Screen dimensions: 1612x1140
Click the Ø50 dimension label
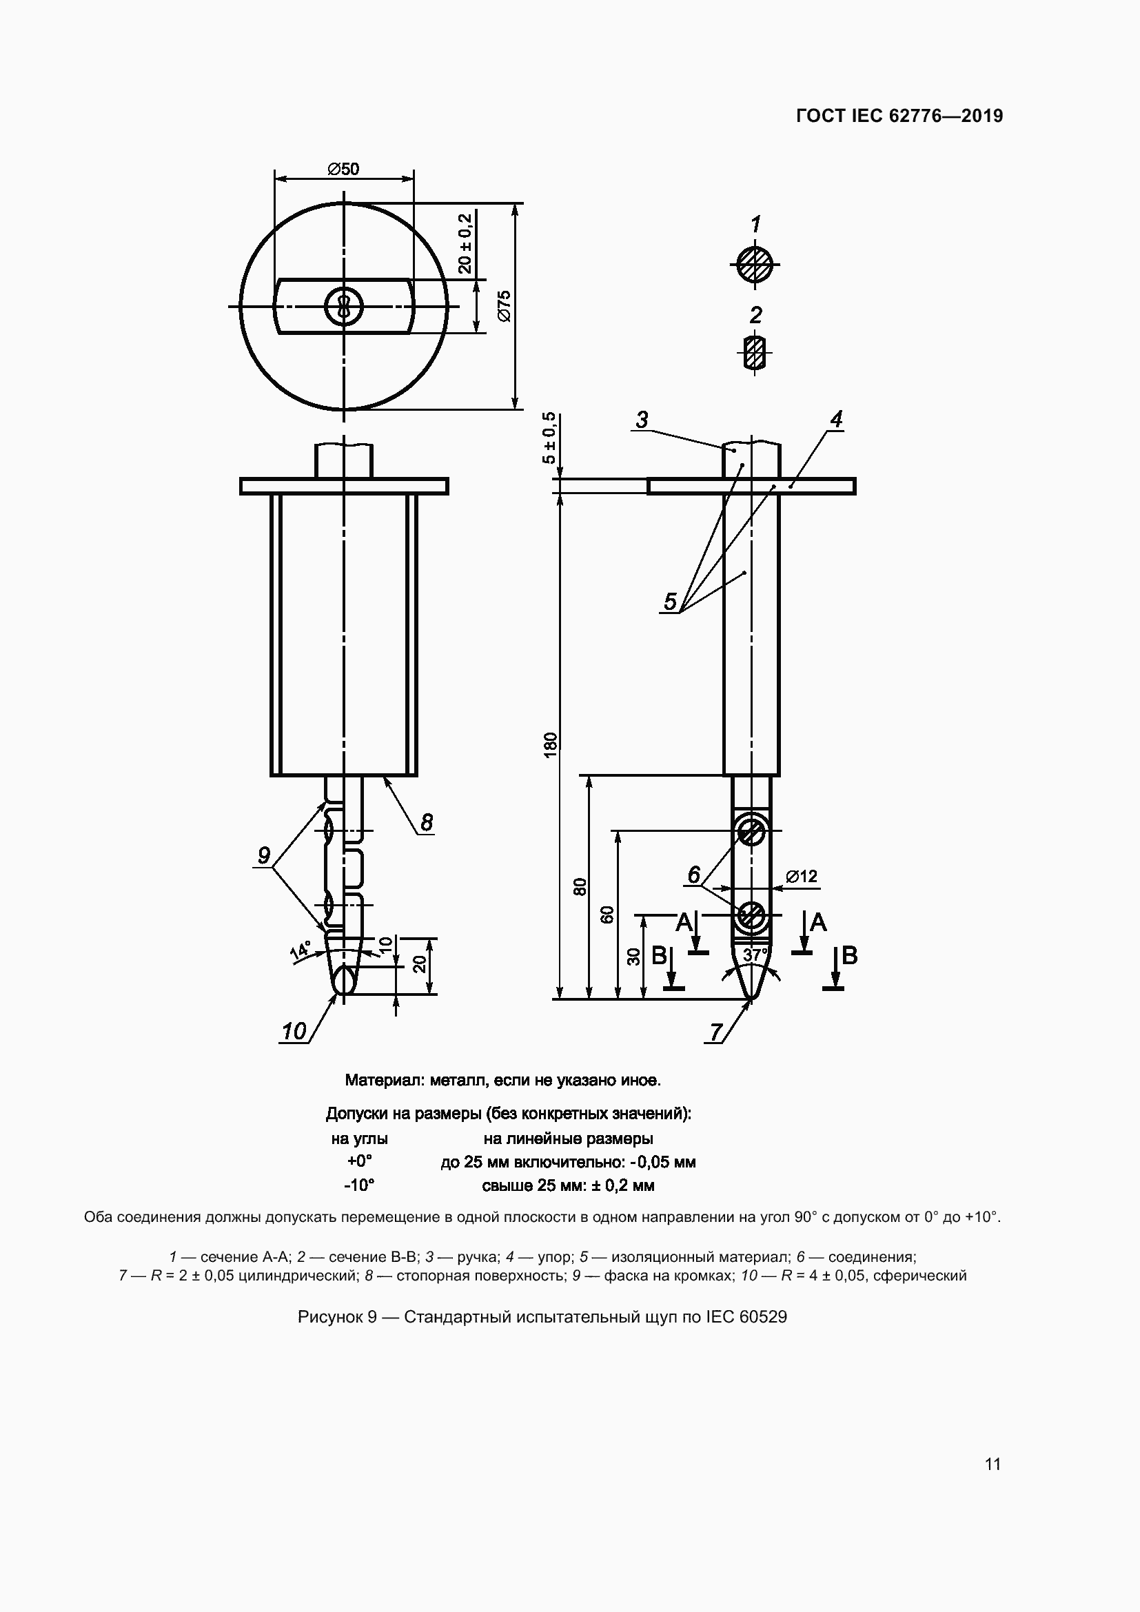pos(343,170)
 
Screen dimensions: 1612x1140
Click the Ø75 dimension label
pos(505,306)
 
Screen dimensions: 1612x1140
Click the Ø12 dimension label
pos(801,876)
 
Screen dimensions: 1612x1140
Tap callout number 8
pos(426,822)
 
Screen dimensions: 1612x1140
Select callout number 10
pos(294,1032)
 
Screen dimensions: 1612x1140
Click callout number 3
pos(642,420)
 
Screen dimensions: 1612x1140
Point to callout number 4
pos(835,420)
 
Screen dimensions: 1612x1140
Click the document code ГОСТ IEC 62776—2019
pos(899,116)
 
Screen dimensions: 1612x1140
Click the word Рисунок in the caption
pos(327,1317)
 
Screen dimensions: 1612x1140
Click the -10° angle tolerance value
pos(358,1186)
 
